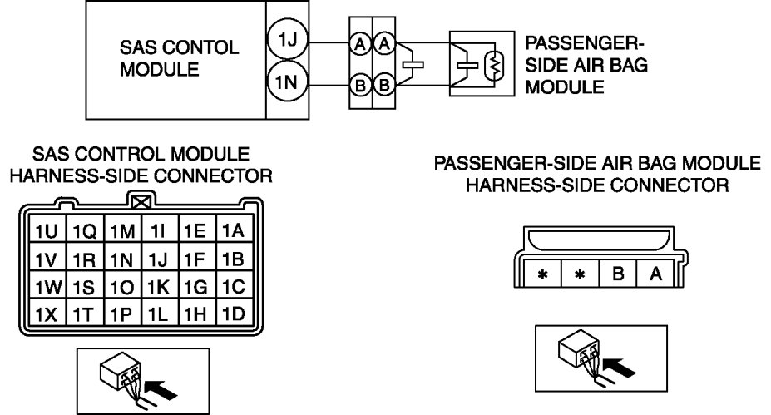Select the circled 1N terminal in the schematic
tap(285, 83)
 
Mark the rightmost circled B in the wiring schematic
tap(383, 83)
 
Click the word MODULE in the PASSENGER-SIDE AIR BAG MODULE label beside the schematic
tap(558, 86)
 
